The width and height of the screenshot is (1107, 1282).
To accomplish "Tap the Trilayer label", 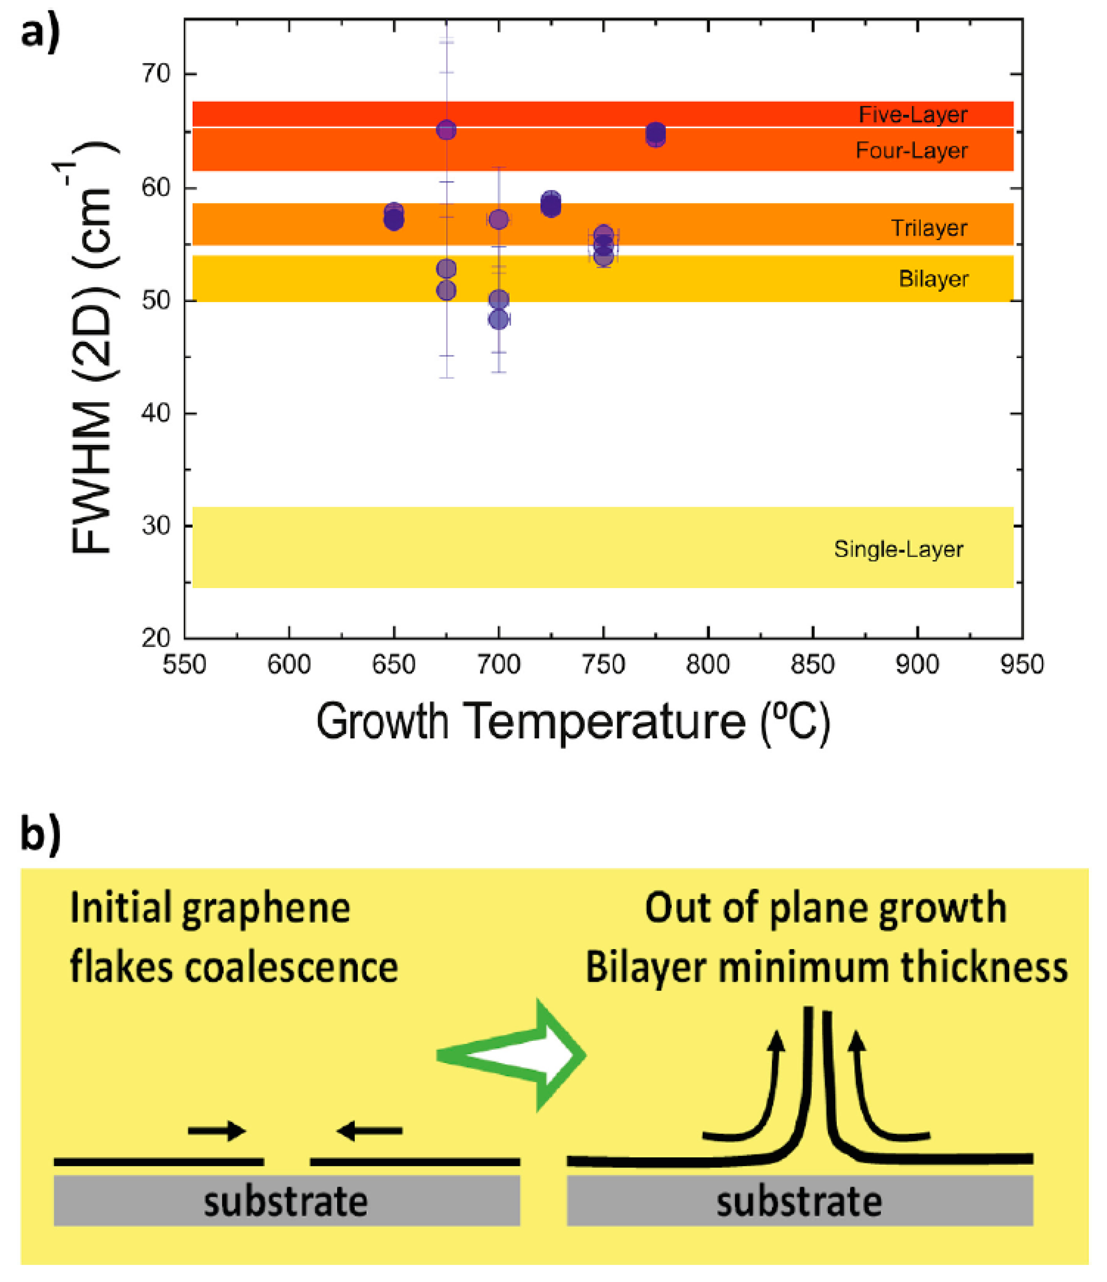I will (x=928, y=228).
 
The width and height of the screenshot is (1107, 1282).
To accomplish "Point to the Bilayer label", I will (x=933, y=279).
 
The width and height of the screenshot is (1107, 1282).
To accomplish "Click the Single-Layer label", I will (x=898, y=549).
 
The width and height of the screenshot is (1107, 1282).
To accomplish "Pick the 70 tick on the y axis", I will (x=156, y=74).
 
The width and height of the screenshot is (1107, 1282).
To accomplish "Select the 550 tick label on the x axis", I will (x=184, y=664).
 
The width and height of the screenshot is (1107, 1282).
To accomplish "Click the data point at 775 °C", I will (x=656, y=135).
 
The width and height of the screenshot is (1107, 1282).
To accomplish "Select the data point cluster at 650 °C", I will (x=393, y=216).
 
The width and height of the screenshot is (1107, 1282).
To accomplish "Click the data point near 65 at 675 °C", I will (x=446, y=130).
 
